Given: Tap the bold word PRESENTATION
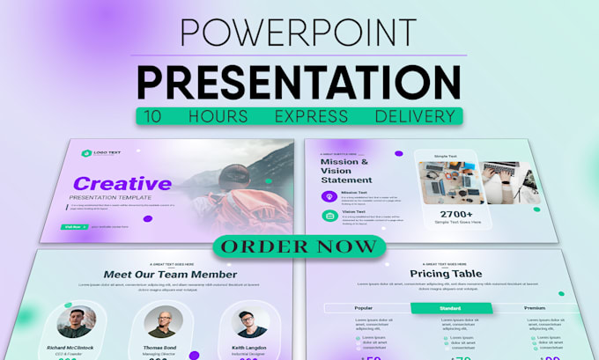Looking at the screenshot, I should (299, 82).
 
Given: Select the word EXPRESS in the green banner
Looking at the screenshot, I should (299, 116).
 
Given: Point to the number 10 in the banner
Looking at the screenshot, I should (153, 116).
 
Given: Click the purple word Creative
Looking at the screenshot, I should (122, 184).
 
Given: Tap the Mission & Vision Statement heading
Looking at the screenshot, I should (346, 171).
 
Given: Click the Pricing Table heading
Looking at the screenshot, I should (446, 275).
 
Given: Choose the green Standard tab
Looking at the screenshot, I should (450, 308).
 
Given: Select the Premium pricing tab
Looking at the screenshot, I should (534, 308).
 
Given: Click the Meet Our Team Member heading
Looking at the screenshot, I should (170, 275).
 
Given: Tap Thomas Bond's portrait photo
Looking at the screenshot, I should (165, 322).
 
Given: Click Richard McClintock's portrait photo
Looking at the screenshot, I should (77, 322).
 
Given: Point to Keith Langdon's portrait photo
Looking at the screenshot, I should (249, 322).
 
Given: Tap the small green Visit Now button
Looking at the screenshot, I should (72, 226).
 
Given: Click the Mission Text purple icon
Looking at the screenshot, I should (328, 196).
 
